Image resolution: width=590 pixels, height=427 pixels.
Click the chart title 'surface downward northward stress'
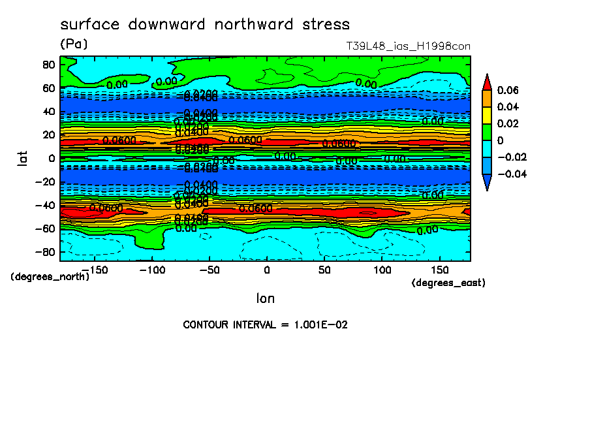pos(205,25)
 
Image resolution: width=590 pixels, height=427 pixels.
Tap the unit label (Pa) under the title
pos(74,44)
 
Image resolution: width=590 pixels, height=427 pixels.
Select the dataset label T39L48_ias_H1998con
pos(408,46)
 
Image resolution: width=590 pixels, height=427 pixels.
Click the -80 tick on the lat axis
pos(44,252)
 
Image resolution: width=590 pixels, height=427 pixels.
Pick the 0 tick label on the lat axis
pos(52,158)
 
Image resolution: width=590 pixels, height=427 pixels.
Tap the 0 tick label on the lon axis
pos(266,270)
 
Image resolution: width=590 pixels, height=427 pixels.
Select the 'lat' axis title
pos(22,157)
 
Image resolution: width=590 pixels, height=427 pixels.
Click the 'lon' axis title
pos(265,298)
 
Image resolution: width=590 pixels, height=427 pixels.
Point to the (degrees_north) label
pos(50,277)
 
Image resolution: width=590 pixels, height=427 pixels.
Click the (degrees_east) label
pos(449,283)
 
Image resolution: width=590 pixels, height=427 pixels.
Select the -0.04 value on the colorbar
pos(512,174)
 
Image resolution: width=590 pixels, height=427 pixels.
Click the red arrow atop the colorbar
pos(487,82)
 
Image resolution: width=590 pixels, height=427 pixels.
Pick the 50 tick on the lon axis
pos(324,270)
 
